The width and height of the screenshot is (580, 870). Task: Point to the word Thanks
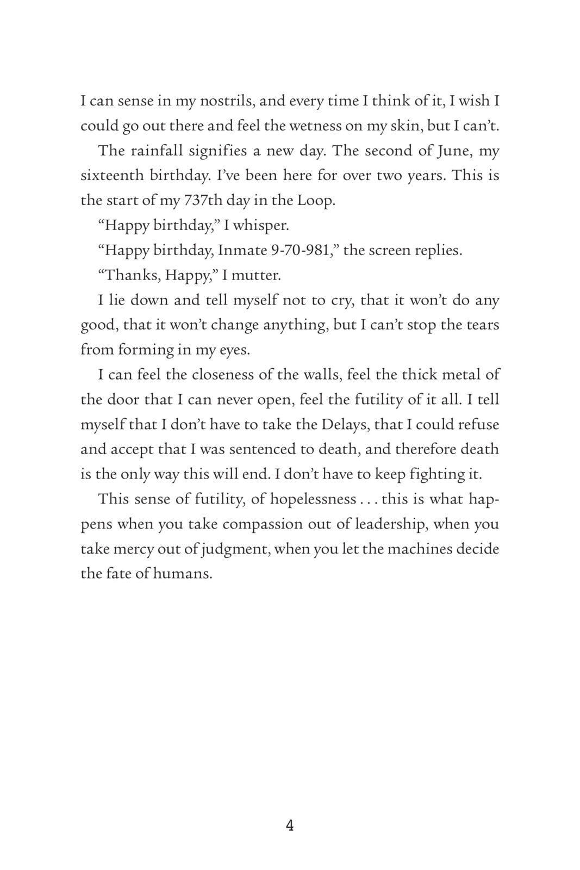(x=130, y=275)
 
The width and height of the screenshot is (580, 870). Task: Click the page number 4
(x=290, y=826)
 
